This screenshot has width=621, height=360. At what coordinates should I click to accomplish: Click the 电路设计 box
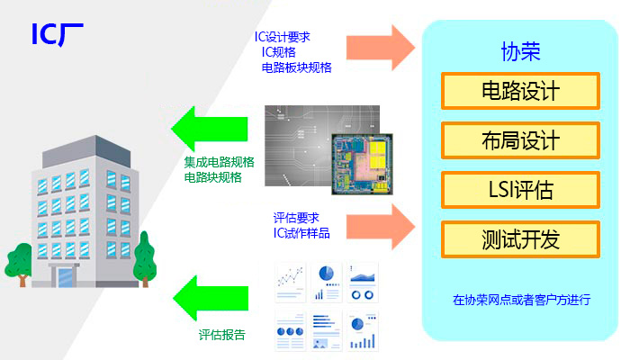point(520,91)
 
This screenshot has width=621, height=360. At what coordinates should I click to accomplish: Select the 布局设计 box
point(520,140)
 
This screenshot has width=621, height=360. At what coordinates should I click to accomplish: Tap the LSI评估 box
point(520,190)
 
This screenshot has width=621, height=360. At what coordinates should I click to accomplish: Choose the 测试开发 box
point(520,239)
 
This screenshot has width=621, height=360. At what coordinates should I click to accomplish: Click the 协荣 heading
point(520,51)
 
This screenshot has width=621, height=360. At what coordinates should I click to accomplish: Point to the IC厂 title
point(58,34)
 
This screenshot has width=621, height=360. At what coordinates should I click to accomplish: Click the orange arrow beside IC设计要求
point(381,48)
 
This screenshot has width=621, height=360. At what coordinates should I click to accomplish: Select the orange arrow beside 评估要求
point(381,227)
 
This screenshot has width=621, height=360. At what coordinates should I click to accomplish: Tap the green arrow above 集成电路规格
point(209,129)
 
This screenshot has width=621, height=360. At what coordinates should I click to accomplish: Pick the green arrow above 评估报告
point(211,298)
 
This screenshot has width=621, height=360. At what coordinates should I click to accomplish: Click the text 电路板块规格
point(297,67)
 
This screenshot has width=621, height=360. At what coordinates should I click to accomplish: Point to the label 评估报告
point(221,335)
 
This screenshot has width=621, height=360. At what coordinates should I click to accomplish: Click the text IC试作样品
point(301,233)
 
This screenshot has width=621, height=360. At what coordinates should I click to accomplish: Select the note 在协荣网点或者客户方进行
point(522,300)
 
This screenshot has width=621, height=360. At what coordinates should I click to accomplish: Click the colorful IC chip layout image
point(362,164)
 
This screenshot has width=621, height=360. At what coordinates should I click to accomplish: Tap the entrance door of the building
point(66,277)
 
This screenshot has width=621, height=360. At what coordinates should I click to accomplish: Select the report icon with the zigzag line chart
point(291,283)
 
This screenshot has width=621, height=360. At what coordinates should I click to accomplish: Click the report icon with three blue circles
point(291,330)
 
